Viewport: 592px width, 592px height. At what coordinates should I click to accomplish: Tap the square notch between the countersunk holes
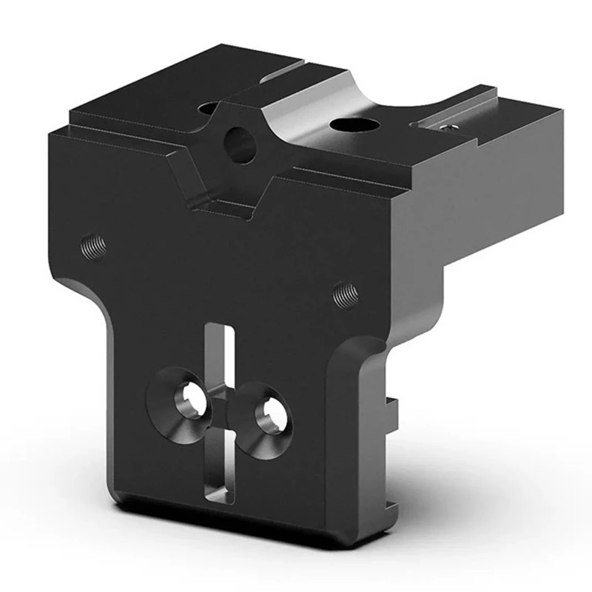tap(222, 409)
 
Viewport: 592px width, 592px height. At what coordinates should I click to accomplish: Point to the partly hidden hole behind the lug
tap(209, 109)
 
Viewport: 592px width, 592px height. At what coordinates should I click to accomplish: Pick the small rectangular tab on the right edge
tap(391, 407)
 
